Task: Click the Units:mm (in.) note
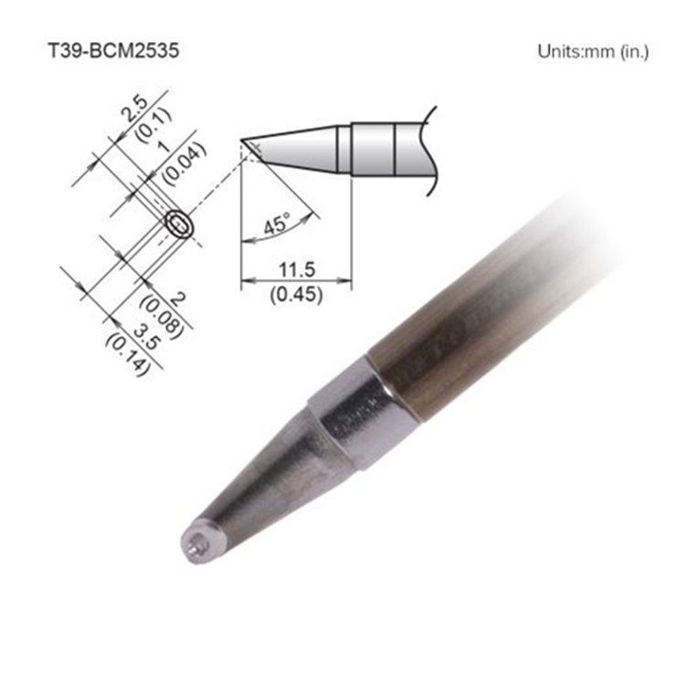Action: tap(593, 52)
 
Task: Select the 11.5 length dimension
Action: tap(295, 271)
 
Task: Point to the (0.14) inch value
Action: tap(124, 351)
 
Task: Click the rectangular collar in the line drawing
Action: tap(374, 148)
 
